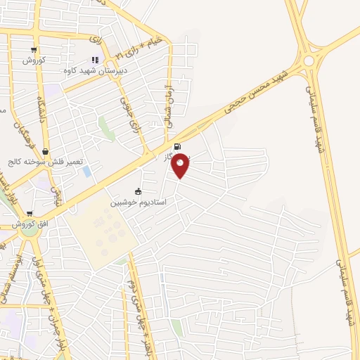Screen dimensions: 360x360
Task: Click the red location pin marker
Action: coord(181,165)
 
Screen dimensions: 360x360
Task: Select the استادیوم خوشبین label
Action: coord(138,202)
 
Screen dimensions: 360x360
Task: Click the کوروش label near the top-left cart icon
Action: coord(34,60)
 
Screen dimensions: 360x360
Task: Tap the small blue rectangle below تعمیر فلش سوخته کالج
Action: coord(86,172)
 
